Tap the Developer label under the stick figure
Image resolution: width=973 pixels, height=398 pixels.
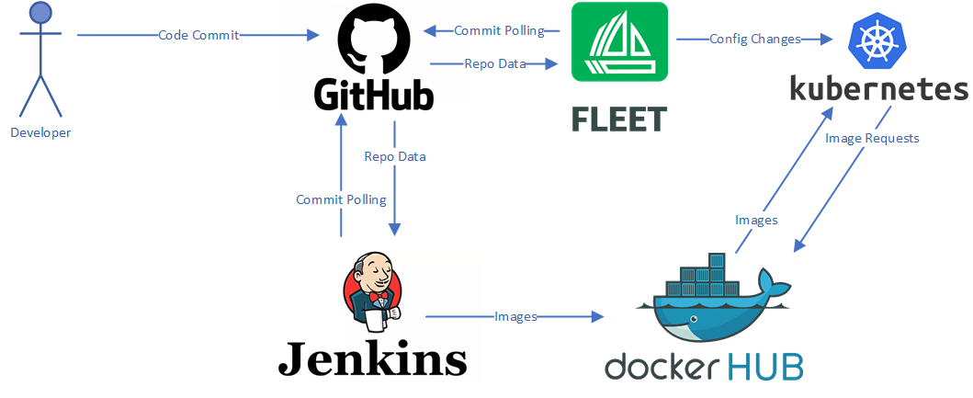[x=40, y=132]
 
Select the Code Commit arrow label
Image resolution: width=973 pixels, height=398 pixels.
[x=198, y=35]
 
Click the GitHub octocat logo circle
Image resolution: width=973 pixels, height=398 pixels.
[x=371, y=41]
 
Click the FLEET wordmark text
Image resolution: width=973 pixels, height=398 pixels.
[x=618, y=118]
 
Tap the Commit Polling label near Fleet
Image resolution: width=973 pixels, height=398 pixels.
[x=499, y=30]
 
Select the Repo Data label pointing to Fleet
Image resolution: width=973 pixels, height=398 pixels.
[x=496, y=63]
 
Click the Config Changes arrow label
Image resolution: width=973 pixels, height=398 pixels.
[x=755, y=39]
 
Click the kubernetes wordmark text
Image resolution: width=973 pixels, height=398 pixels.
[x=879, y=88]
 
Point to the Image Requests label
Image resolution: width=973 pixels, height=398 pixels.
[x=872, y=138]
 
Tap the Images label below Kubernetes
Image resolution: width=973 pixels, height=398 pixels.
[x=756, y=220]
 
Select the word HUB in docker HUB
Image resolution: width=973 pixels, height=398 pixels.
[x=766, y=365]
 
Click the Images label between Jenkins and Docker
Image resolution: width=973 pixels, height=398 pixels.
[x=515, y=316]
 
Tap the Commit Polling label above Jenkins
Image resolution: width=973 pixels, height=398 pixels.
[x=341, y=199]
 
